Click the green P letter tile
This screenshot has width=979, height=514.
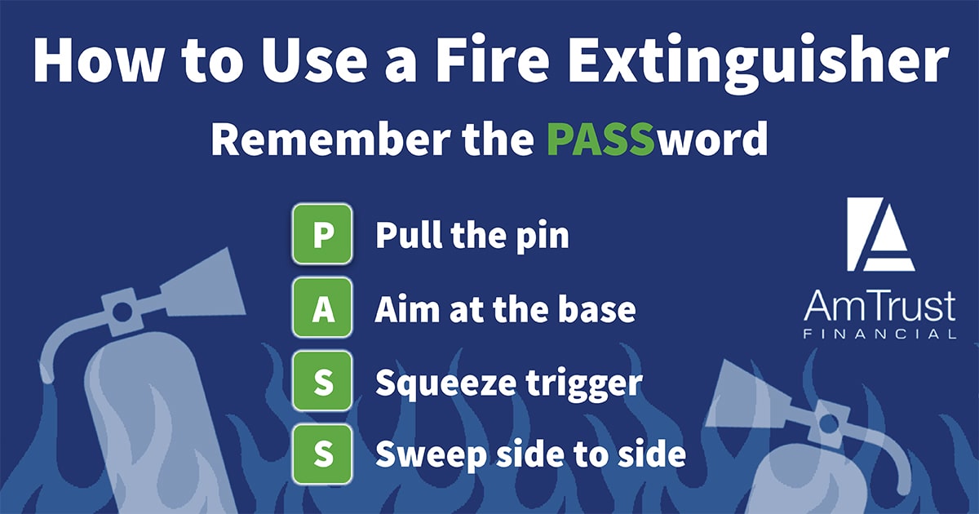click(x=322, y=234)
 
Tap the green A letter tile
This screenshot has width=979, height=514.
click(x=322, y=308)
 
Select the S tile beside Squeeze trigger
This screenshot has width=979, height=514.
click(x=322, y=381)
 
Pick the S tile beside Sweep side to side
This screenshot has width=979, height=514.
click(x=322, y=454)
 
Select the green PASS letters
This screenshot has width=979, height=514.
click(x=601, y=138)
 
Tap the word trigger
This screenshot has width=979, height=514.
click(x=584, y=383)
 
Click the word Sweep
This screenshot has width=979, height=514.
click(x=431, y=455)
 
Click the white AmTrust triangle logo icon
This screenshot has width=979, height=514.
click(x=880, y=234)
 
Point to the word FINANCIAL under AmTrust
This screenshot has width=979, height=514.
click(x=879, y=335)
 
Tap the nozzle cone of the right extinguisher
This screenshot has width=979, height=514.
click(x=743, y=396)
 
